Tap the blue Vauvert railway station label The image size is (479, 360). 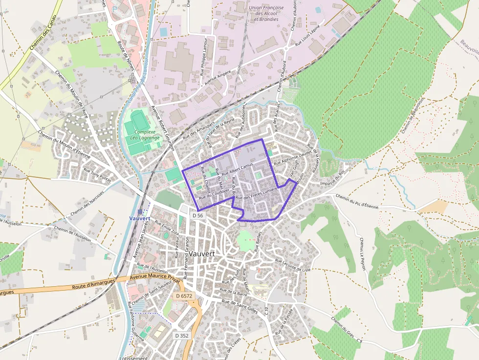pos(141,218)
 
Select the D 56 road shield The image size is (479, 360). pos(197,215)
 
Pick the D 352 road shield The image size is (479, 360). pos(181,336)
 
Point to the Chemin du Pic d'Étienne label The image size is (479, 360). pos(357,201)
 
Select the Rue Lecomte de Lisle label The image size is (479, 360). pos(293,266)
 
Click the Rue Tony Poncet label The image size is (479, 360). pos(97,175)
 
